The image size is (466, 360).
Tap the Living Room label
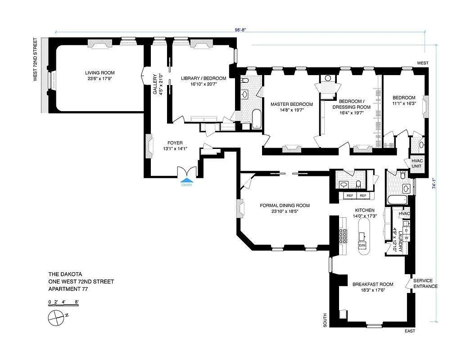pyautogui.click(x=100, y=72)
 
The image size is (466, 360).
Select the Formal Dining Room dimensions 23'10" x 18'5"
pyautogui.click(x=285, y=211)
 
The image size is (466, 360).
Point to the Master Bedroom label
pyautogui.click(x=291, y=104)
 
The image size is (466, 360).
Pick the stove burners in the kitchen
pyautogui.click(x=343, y=236)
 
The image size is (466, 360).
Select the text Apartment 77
pyautogui.click(x=68, y=289)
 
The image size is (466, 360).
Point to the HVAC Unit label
pyautogui.click(x=417, y=163)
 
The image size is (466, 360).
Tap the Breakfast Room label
pyautogui.click(x=372, y=284)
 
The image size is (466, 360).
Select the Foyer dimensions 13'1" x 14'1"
pyautogui.click(x=174, y=149)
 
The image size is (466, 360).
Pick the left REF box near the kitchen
pyautogui.click(x=349, y=195)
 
